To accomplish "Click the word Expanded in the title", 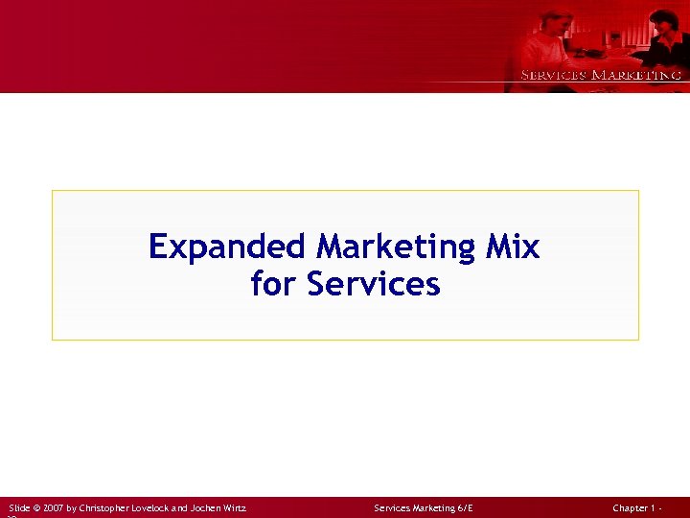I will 227,247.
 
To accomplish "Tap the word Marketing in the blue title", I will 396,247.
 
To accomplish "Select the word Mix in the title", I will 512,247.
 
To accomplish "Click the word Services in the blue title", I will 374,284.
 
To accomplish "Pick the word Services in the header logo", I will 553,75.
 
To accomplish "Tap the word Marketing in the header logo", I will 636,75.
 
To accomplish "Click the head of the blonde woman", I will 557,20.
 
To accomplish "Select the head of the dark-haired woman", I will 664,20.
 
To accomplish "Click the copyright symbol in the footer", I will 37,507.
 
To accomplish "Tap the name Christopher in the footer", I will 113,507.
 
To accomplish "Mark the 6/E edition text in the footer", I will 465,507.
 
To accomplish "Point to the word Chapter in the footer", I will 632,507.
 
